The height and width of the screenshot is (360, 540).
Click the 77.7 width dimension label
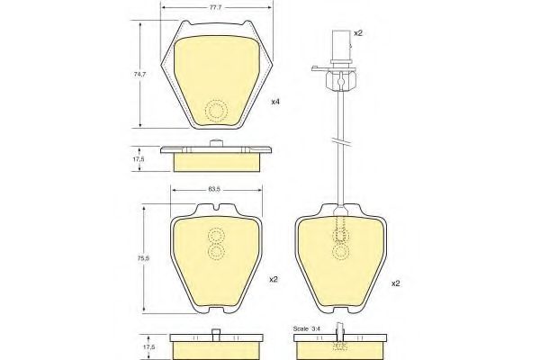[215, 7]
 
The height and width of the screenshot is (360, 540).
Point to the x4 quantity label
[275, 102]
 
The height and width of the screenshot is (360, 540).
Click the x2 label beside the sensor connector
[358, 33]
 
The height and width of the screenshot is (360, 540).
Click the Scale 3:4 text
[307, 328]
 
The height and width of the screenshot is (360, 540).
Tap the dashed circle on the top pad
[216, 111]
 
